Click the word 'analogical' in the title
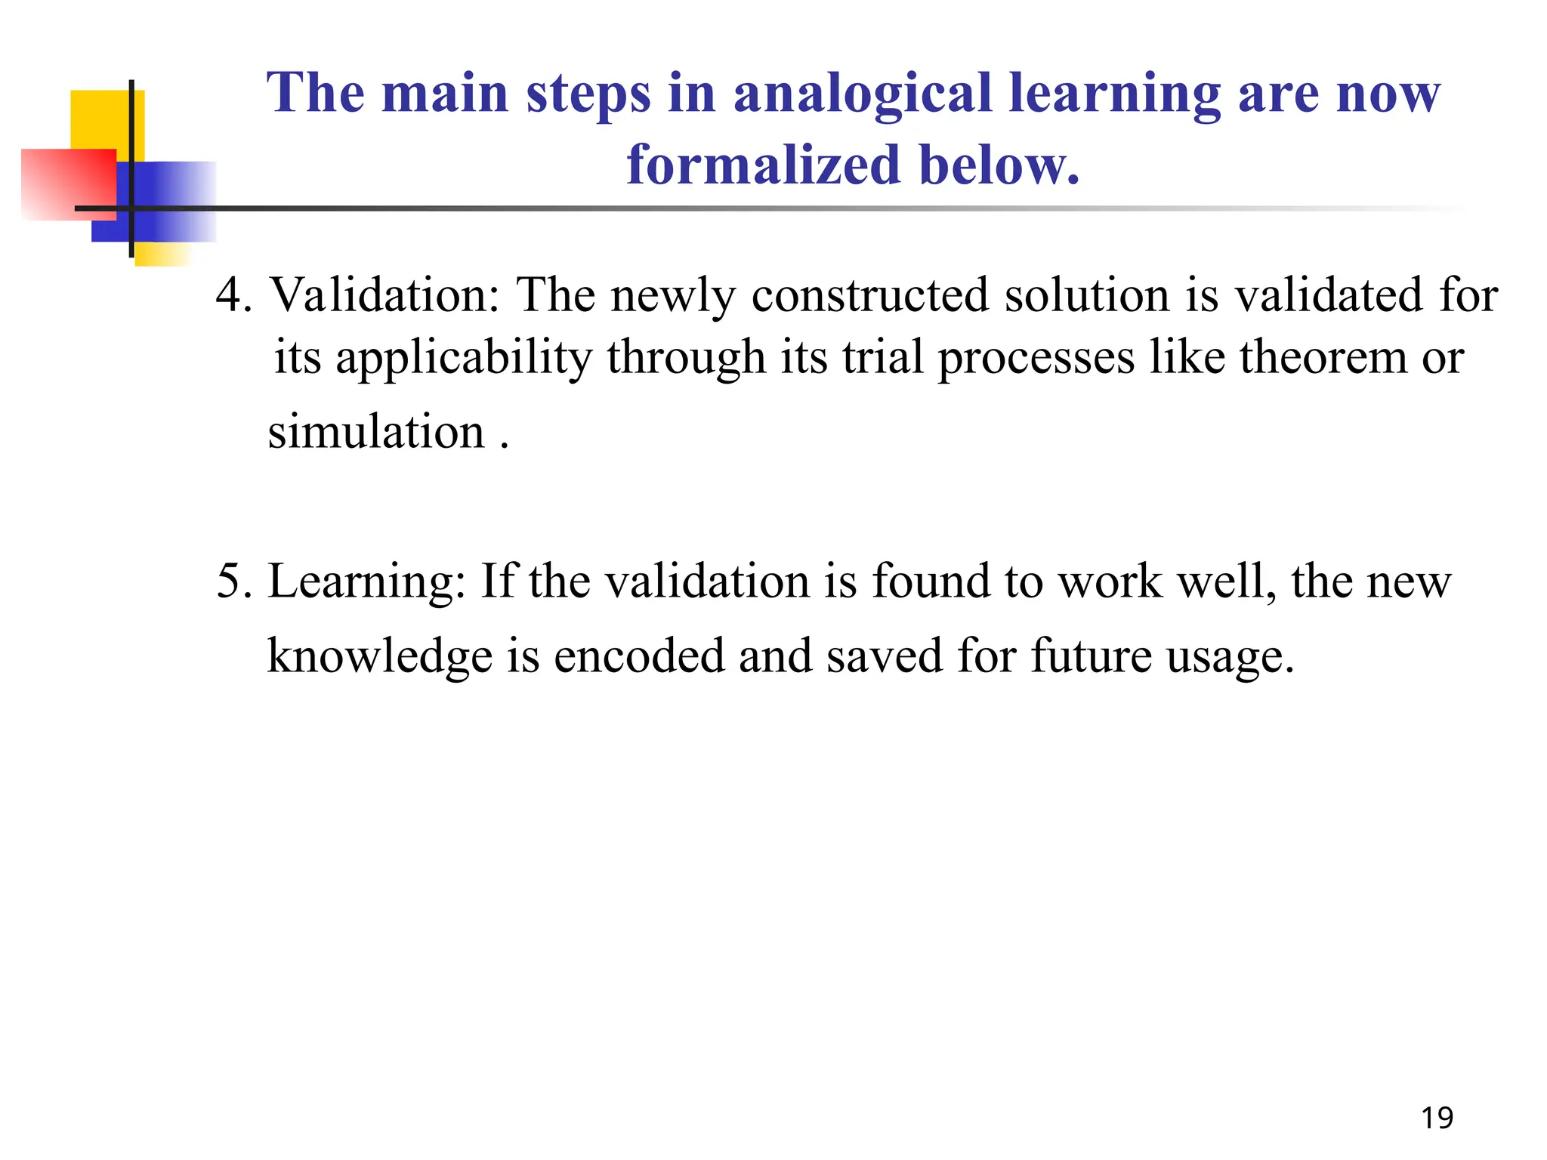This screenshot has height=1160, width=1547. tap(862, 93)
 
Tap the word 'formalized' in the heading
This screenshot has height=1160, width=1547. tap(763, 165)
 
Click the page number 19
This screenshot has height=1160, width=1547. tap(1437, 1118)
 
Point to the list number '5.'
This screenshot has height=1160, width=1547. tap(234, 582)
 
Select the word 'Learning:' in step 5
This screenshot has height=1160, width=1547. tap(367, 582)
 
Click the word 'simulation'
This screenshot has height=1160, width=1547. tap(376, 432)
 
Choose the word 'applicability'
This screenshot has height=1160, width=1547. tap(464, 358)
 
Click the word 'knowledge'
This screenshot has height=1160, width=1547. tap(380, 656)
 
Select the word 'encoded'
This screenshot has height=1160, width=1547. tap(638, 656)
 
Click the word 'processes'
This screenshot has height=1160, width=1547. tap(1036, 358)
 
